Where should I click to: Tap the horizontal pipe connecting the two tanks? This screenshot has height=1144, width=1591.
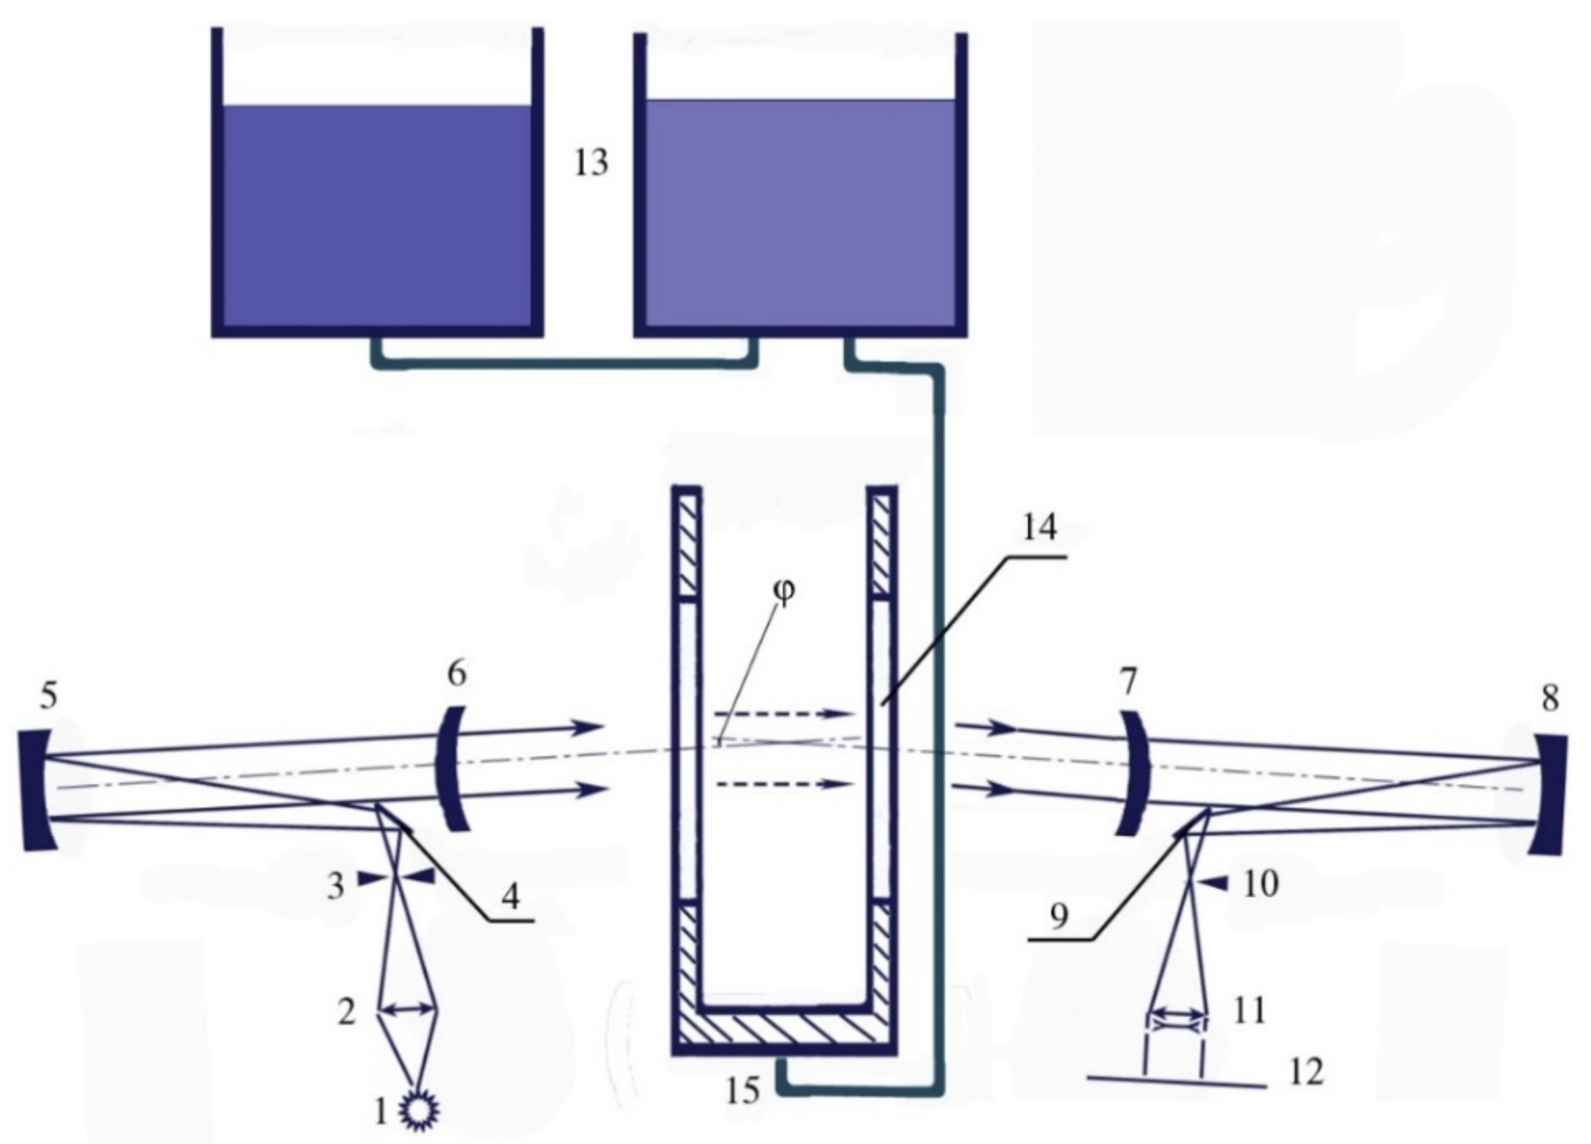click(565, 362)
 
